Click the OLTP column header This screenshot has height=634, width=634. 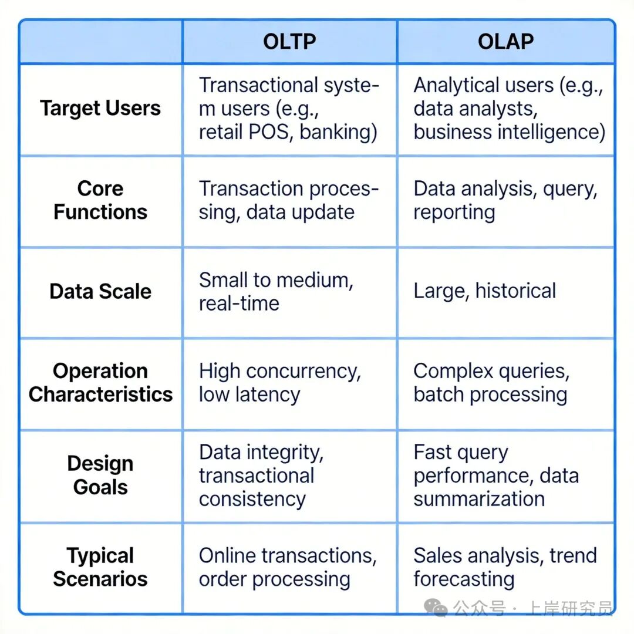pyautogui.click(x=289, y=42)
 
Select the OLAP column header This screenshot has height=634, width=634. pyautogui.click(x=505, y=42)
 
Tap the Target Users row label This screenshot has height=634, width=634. pyautogui.click(x=100, y=109)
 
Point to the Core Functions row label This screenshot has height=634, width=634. pyautogui.click(x=100, y=200)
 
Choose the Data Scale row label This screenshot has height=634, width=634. pyautogui.click(x=100, y=292)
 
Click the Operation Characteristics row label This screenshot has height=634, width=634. pyautogui.click(x=100, y=383)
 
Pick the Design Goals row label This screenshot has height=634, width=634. pyautogui.click(x=100, y=475)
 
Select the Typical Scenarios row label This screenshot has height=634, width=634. pyautogui.click(x=100, y=567)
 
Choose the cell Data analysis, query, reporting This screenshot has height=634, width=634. pyautogui.click(x=505, y=200)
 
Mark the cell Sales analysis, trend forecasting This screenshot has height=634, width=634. pyautogui.click(x=505, y=567)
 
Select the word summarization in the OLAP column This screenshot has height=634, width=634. pyautogui.click(x=479, y=499)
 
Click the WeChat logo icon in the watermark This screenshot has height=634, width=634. pyautogui.click(x=436, y=608)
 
